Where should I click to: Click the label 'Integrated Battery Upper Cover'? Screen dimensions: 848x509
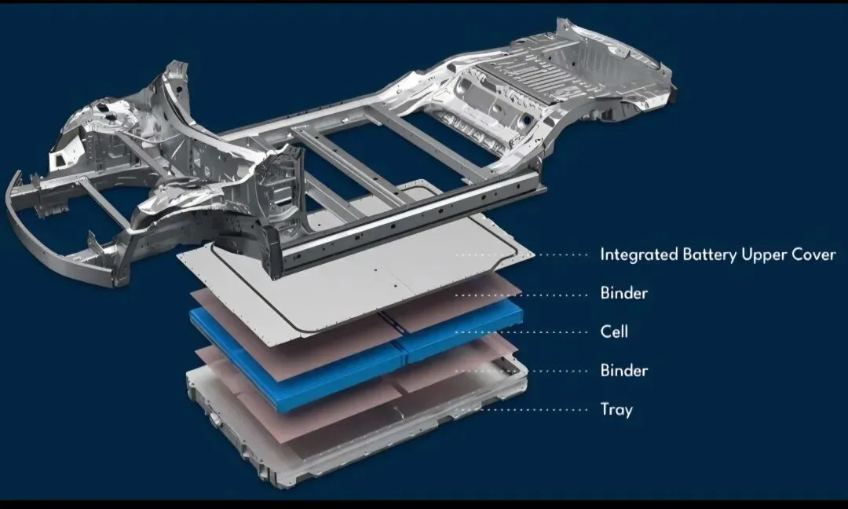pyautogui.click(x=718, y=255)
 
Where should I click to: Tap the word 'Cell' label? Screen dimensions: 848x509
pyautogui.click(x=614, y=331)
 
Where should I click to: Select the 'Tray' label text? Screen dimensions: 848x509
pyautogui.click(x=616, y=409)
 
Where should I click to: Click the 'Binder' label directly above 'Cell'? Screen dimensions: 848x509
pyautogui.click(x=623, y=293)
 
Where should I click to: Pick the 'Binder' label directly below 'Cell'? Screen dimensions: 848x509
pyautogui.click(x=623, y=371)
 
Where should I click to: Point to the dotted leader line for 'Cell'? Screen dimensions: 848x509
pyautogui.click(x=522, y=331)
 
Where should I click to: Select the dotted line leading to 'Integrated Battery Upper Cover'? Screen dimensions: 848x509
pyautogui.click(x=522, y=255)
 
